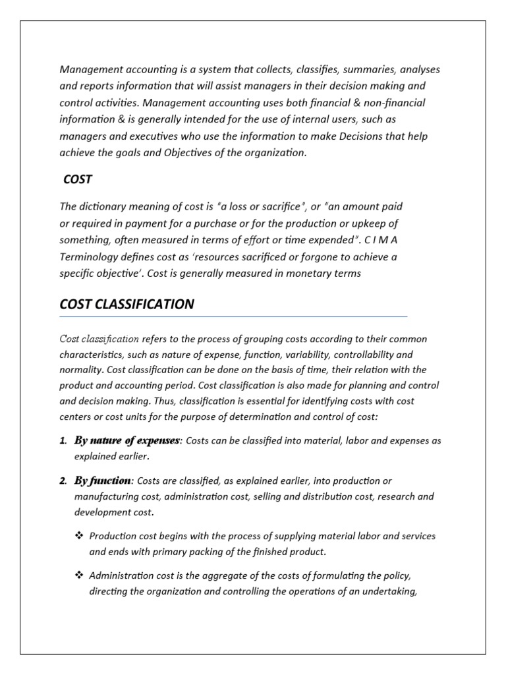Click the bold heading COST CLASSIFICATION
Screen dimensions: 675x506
pyautogui.click(x=126, y=304)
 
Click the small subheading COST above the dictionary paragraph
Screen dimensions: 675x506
pyautogui.click(x=78, y=179)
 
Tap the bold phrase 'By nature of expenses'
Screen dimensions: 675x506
pyautogui.click(x=126, y=440)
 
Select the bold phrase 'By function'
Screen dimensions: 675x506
pyautogui.click(x=103, y=481)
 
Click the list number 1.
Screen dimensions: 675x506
pyautogui.click(x=63, y=440)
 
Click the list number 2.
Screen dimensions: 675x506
pyautogui.click(x=63, y=481)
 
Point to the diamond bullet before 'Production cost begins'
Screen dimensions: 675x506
pyautogui.click(x=79, y=536)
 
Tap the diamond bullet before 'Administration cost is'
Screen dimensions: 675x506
pyautogui.click(x=79, y=575)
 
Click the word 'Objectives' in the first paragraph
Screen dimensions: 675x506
pyautogui.click(x=210, y=152)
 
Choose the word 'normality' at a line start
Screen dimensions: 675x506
pyautogui.click(x=79, y=370)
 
